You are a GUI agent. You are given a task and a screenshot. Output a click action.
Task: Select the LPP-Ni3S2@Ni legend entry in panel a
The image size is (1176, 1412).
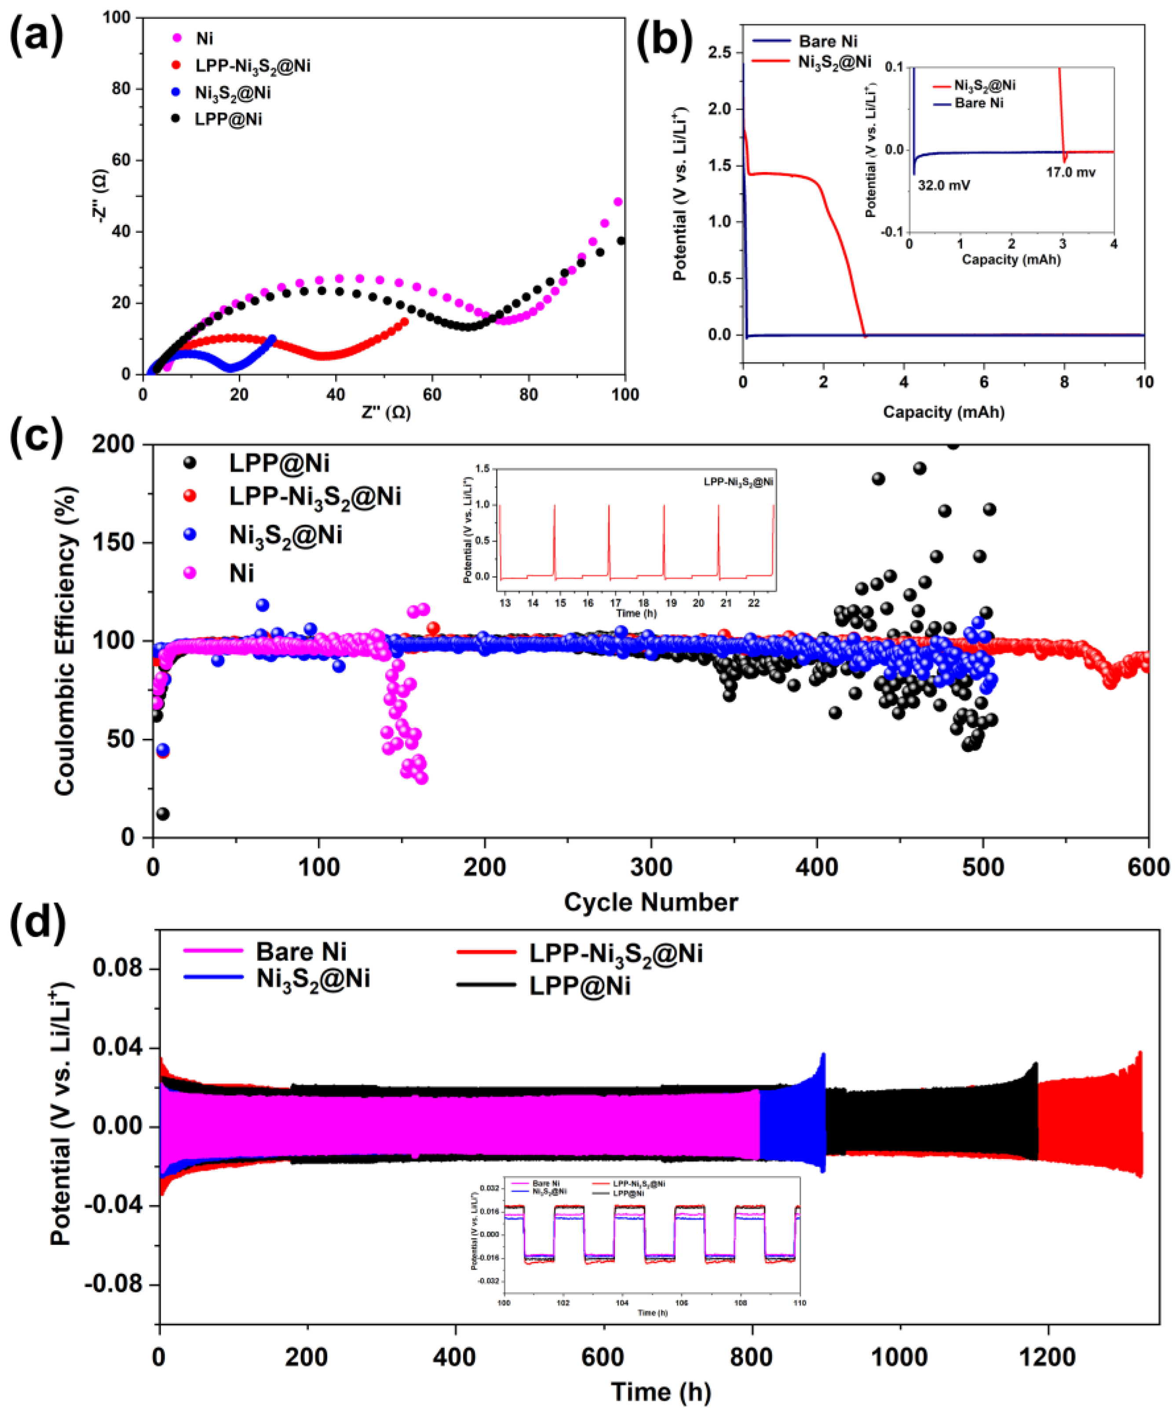click(253, 66)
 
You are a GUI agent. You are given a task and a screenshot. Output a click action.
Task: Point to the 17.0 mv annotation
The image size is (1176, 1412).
click(1070, 173)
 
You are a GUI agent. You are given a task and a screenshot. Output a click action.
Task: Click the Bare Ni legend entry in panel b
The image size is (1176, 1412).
click(828, 42)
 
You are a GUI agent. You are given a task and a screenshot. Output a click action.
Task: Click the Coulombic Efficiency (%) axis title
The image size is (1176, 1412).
click(65, 641)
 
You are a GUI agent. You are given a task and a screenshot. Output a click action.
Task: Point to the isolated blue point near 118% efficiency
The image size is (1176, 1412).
click(263, 605)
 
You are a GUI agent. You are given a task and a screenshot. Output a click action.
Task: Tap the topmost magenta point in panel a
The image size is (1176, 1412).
click(617, 202)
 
